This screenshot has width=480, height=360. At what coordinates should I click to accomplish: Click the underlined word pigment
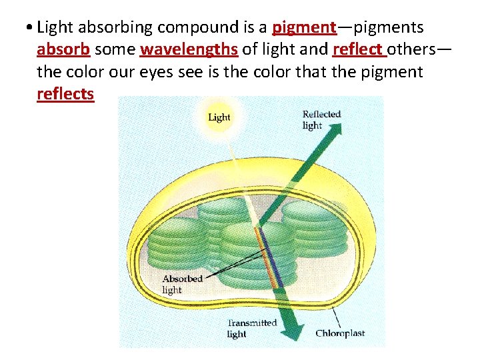[304, 27]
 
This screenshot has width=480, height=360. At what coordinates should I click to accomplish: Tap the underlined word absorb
[63, 49]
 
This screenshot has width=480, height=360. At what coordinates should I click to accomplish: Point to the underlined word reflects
[65, 93]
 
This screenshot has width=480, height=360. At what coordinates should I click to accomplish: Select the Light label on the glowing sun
[219, 117]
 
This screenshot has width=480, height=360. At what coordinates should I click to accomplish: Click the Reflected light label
[321, 119]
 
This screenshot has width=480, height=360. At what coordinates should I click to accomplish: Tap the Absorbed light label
[182, 283]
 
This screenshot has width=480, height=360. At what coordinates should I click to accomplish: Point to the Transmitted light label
[251, 328]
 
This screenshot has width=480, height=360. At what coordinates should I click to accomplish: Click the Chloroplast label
[339, 333]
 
